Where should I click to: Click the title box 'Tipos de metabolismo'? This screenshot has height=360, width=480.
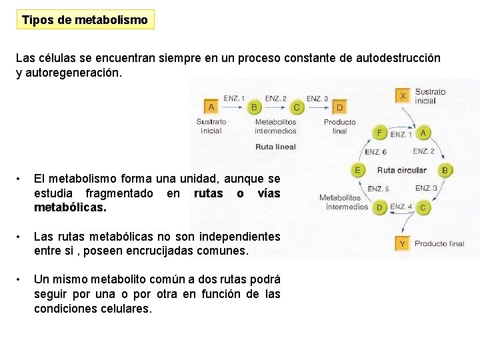[85, 19]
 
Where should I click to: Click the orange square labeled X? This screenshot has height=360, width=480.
[402, 96]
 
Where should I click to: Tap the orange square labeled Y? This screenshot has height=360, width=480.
[402, 243]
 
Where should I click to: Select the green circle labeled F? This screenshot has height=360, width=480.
[380, 133]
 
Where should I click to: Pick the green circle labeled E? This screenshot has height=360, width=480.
[358, 170]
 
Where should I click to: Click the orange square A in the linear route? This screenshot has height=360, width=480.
[211, 107]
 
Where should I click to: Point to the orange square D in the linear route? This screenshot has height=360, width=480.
[339, 107]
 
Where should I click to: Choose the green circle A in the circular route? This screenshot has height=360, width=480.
[423, 133]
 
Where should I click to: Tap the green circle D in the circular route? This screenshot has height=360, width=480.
[380, 207]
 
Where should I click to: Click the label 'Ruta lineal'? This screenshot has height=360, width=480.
[275, 147]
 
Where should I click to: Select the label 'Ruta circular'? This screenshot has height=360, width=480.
[401, 170]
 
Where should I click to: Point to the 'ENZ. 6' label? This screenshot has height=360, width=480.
[375, 152]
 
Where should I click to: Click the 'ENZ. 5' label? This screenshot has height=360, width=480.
[379, 189]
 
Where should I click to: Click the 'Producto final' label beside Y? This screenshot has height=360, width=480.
[439, 244]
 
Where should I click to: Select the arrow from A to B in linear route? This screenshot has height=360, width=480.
[233, 107]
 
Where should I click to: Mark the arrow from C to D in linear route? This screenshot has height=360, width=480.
[317, 107]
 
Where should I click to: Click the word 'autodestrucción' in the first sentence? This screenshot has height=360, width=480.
[399, 58]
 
